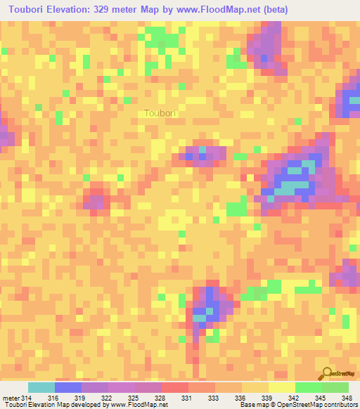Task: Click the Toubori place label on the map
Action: pos(160,112)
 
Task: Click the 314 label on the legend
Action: pos(27,398)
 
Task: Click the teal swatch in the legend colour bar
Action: pos(41,387)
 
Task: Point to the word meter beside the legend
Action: pos(11,398)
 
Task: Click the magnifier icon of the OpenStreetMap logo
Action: pos(327,372)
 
